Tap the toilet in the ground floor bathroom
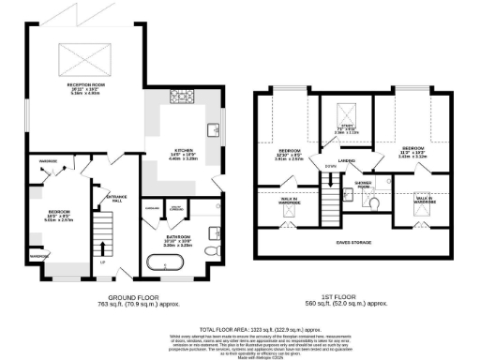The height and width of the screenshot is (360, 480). tap(214, 252)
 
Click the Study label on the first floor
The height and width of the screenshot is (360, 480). tap(347, 128)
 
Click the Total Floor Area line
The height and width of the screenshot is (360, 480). tap(239, 320)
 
